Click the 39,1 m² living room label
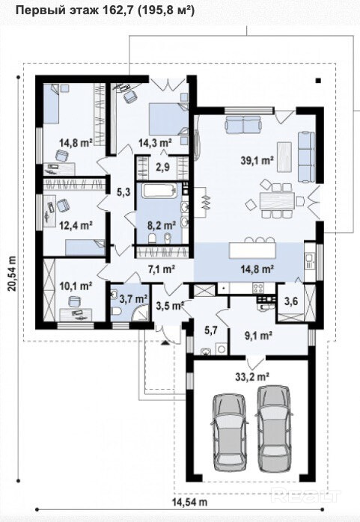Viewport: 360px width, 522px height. tap(257, 161)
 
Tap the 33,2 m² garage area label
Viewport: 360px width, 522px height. tap(252, 377)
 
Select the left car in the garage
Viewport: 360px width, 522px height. tap(230, 432)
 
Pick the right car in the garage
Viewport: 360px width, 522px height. tap(274, 429)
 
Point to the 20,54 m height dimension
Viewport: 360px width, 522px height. tap(12, 273)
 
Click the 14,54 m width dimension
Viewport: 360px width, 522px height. tap(189, 501)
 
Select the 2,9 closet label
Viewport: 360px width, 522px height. tap(163, 167)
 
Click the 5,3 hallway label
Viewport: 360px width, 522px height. tap(123, 191)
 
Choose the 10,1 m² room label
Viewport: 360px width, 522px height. tap(76, 285)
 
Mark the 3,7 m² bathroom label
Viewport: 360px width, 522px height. tap(133, 299)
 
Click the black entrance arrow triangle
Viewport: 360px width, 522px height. tap(165, 343)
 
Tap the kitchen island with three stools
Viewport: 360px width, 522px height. tap(253, 251)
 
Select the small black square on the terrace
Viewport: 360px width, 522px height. tap(318, 80)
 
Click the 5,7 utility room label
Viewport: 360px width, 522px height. tap(210, 331)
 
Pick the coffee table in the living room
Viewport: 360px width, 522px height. tap(284, 156)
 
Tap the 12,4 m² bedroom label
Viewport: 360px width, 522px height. tap(76, 225)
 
